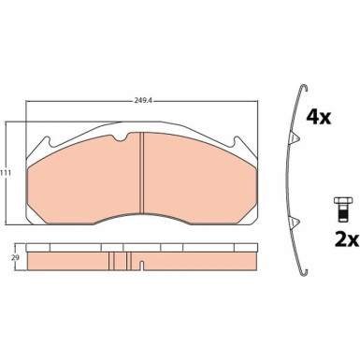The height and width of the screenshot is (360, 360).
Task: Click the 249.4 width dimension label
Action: [x=140, y=101]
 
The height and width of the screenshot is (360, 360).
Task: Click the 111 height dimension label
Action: [x=7, y=173]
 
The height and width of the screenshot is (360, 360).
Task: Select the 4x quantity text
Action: [x=318, y=118]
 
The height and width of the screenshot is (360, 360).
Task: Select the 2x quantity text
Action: [x=347, y=240]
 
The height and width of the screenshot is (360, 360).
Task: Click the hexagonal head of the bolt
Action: [x=342, y=200]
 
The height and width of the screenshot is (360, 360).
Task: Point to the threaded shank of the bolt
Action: [x=342, y=212]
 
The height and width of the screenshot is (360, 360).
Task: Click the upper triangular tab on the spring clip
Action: [x=295, y=137]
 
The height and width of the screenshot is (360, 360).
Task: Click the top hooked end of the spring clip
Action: [x=304, y=88]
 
